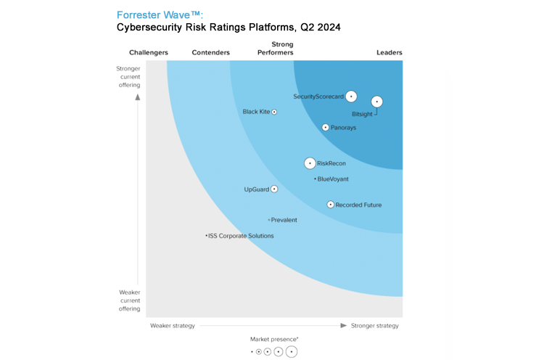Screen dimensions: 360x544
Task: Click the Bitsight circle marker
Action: tap(376, 102)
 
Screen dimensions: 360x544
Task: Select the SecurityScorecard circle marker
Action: tap(351, 96)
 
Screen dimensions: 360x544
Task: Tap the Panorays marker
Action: tap(326, 128)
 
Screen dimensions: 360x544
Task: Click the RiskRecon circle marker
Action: tap(310, 163)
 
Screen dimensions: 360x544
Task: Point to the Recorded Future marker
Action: tap(330, 205)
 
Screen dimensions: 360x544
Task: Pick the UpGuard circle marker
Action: tap(274, 189)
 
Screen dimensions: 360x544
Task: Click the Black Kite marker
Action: tap(274, 112)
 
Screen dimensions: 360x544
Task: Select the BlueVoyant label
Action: tap(333, 179)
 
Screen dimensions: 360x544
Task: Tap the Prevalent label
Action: tap(284, 220)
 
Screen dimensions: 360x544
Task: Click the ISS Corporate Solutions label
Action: tap(241, 236)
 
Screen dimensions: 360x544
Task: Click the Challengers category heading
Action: tap(149, 52)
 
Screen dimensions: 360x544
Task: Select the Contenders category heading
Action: tap(211, 52)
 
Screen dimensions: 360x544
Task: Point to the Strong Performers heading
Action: tap(276, 49)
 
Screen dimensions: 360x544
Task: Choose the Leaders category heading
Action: tap(390, 52)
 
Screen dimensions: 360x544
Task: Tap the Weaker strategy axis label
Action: tap(173, 326)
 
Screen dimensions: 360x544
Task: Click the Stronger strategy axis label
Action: tap(375, 326)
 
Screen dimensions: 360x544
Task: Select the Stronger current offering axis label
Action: tap(128, 77)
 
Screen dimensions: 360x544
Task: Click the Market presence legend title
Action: tap(274, 339)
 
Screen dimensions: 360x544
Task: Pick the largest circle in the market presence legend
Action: tap(292, 352)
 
